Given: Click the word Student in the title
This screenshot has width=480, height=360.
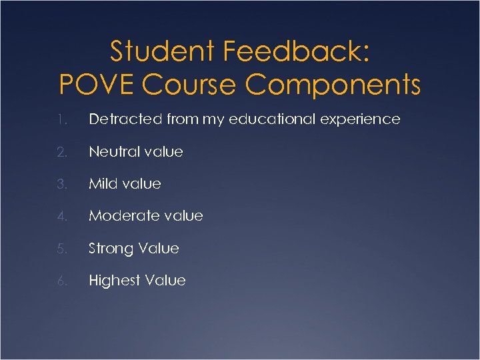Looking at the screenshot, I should [159, 51].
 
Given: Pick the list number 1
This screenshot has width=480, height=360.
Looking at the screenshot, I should [61, 120].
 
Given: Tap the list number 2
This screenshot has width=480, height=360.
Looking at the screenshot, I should [61, 152].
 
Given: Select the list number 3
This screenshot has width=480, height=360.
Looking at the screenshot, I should [61, 184].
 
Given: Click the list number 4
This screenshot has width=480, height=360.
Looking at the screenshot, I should [61, 216].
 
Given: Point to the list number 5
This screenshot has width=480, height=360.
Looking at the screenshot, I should [61, 249].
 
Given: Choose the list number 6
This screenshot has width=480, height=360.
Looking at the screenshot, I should [61, 281].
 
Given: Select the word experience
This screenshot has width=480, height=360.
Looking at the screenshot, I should [363, 120].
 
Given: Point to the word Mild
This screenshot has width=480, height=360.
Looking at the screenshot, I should [103, 183].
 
